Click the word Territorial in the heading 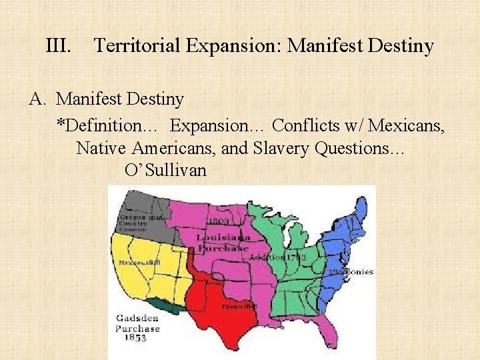coord(137,46)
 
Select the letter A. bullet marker coord(37,100)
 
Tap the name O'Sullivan coord(165,170)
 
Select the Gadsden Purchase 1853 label coord(137,328)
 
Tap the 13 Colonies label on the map coord(351,272)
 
